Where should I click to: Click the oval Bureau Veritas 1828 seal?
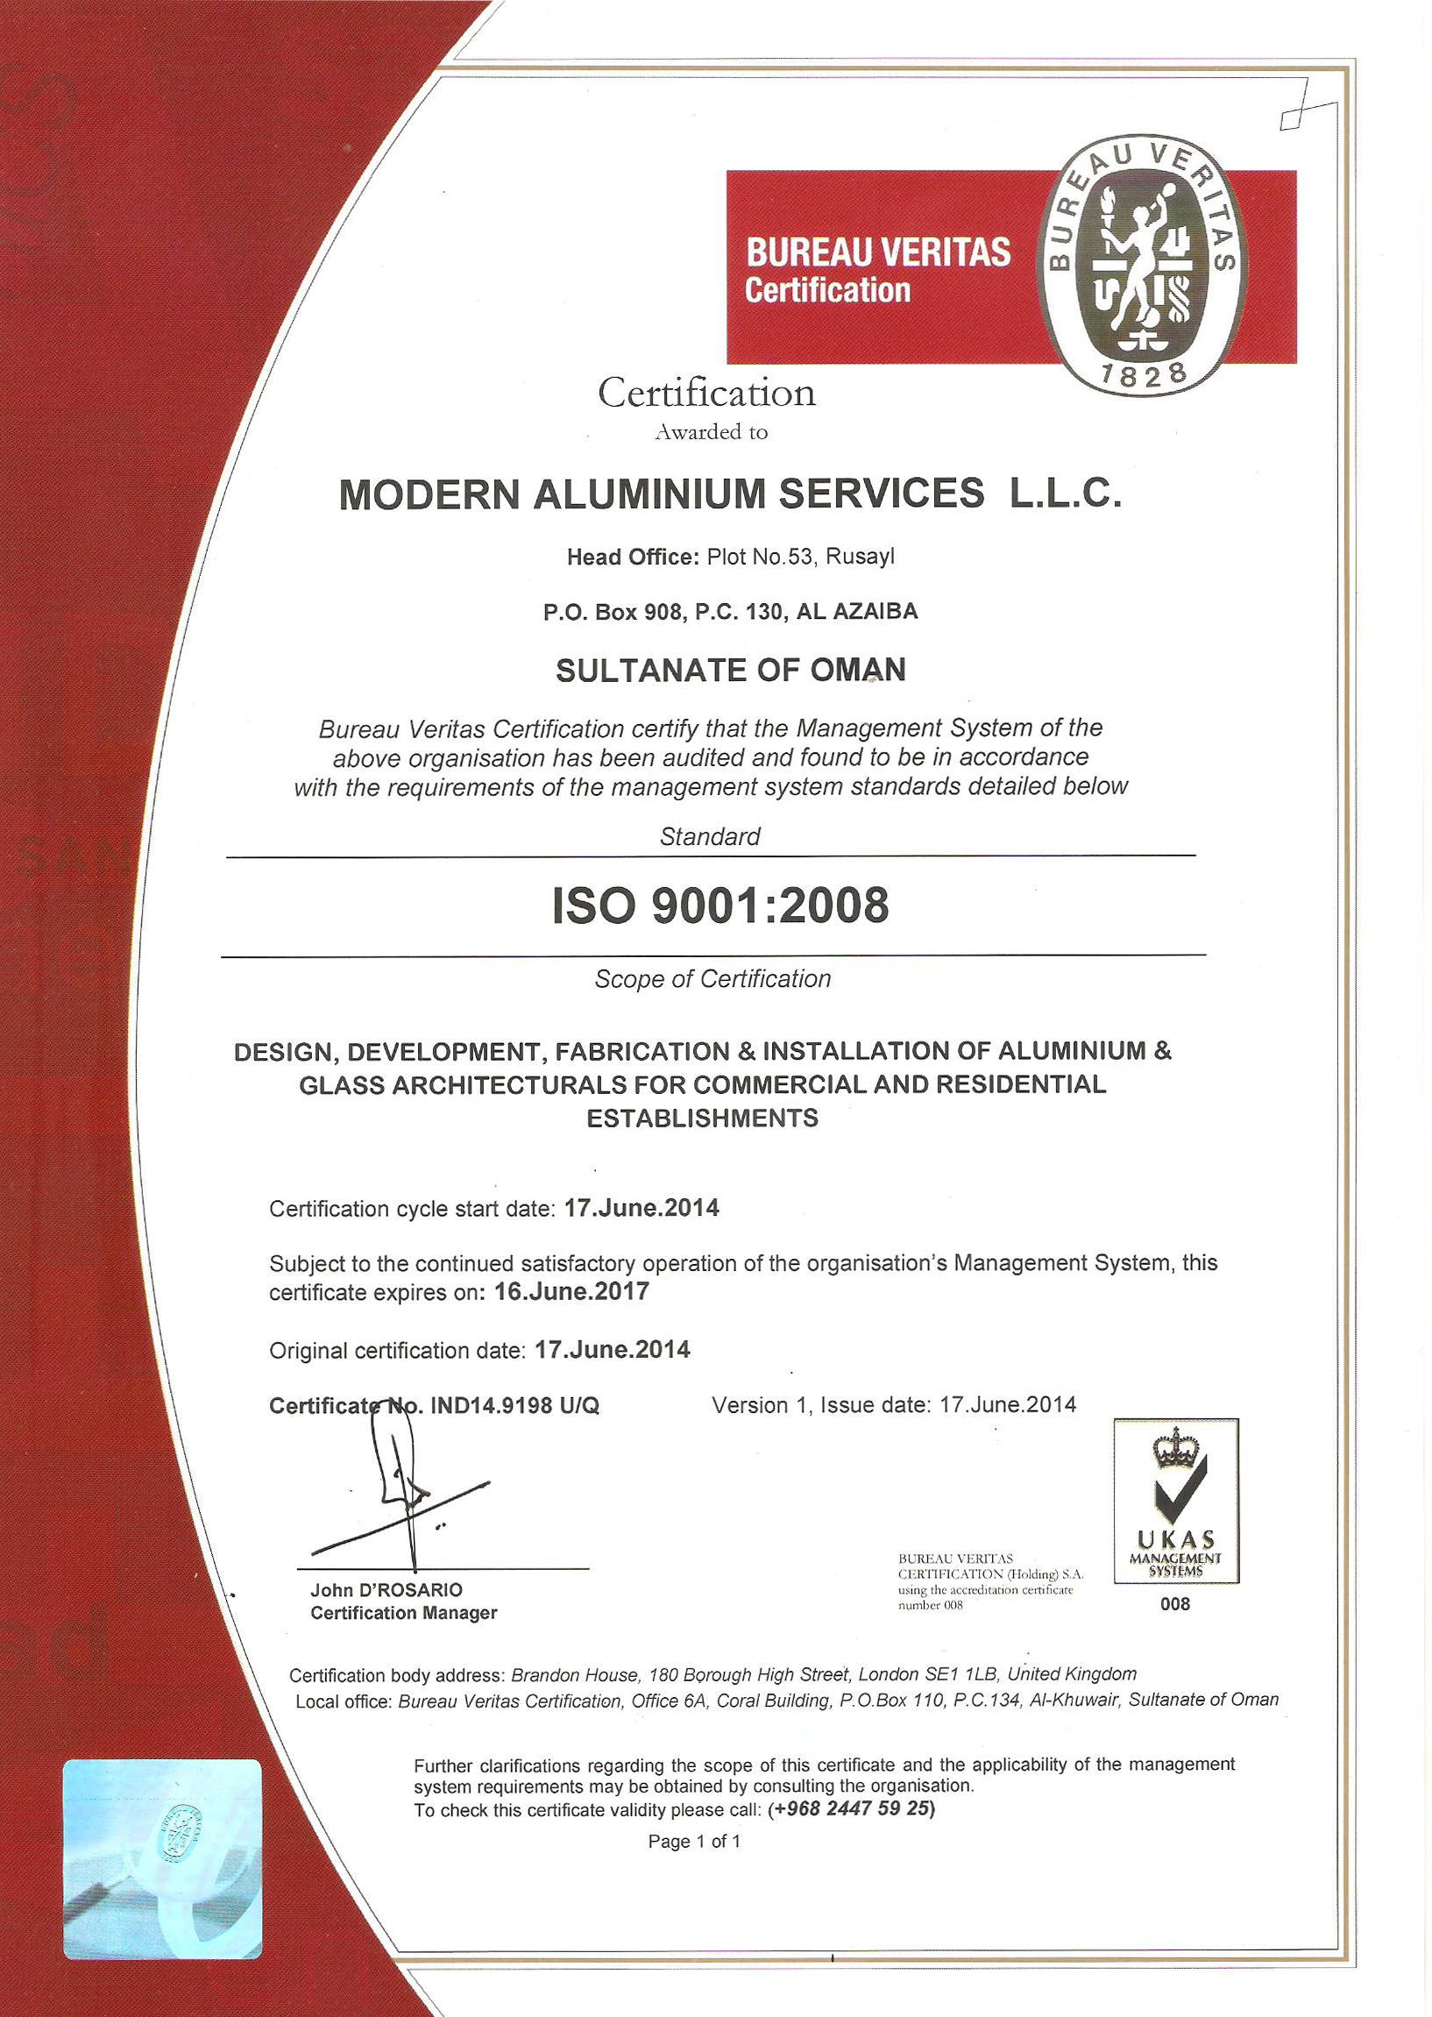tap(1144, 266)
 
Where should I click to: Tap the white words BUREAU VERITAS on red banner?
tap(877, 253)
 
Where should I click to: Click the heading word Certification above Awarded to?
tap(707, 393)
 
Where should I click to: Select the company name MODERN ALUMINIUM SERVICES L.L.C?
tap(729, 494)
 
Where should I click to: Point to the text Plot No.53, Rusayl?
tap(801, 558)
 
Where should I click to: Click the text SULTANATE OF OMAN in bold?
tap(730, 671)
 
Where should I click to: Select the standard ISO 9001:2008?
tap(720, 906)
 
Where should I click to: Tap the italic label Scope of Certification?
tap(712, 979)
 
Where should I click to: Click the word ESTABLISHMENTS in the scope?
tap(702, 1119)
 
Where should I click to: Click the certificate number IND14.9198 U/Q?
tap(514, 1406)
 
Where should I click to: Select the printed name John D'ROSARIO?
tap(386, 1589)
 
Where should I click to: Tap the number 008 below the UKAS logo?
tap(1175, 1604)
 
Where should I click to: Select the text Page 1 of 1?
tap(694, 1842)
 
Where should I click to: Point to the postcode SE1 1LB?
tap(963, 1674)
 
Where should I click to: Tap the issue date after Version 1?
tap(1008, 1405)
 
